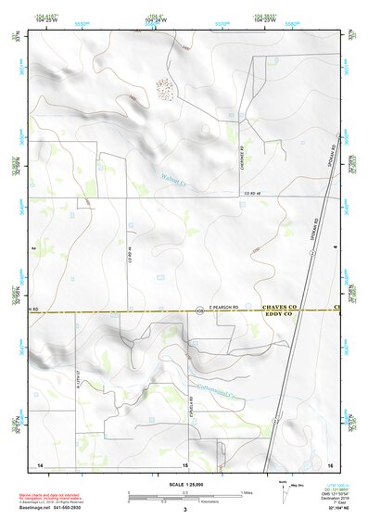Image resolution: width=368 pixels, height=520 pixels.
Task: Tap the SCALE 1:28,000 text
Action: [184, 485]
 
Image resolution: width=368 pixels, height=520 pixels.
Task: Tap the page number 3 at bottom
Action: [184, 509]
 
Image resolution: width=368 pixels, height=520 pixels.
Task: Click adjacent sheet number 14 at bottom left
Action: [39, 464]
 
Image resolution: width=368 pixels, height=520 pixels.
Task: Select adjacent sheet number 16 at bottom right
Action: [329, 464]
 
